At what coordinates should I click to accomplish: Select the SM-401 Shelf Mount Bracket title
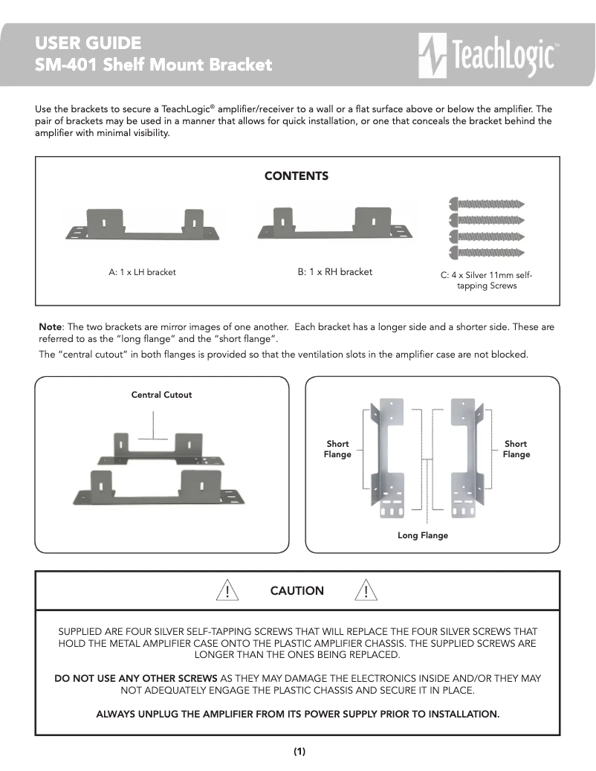pyautogui.click(x=154, y=65)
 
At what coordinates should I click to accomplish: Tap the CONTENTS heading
pyautogui.click(x=297, y=176)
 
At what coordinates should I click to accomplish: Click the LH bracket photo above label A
pyautogui.click(x=143, y=225)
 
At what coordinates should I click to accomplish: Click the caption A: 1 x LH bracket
pyautogui.click(x=143, y=272)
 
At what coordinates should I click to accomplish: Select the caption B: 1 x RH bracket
pyautogui.click(x=335, y=272)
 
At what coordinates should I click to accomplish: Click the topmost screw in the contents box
pyautogui.click(x=488, y=203)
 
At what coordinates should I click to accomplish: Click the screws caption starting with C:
pyautogui.click(x=487, y=280)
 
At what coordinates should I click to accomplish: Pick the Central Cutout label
pyautogui.click(x=161, y=395)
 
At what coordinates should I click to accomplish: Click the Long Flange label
pyautogui.click(x=423, y=535)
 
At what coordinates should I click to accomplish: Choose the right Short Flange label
pyautogui.click(x=516, y=449)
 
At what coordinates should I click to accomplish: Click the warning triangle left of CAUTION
pyautogui.click(x=226, y=591)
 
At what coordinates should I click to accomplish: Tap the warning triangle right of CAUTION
pyautogui.click(x=366, y=591)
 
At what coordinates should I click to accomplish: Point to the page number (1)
pyautogui.click(x=299, y=751)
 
